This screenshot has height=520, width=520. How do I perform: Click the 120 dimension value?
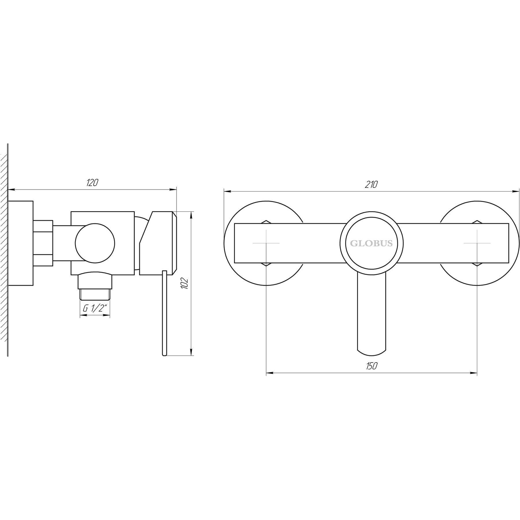tap(92, 183)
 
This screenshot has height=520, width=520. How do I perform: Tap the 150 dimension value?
tap(372, 366)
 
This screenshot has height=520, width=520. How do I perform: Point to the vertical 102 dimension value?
tap(185, 284)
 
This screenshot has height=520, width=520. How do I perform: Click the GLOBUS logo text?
tap(371, 244)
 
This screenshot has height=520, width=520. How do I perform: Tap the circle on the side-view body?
tap(95, 243)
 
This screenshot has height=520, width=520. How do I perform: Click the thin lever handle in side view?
tap(164, 312)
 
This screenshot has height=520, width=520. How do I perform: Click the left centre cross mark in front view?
tap(266, 243)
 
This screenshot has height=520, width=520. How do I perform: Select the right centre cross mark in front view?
tap(477, 243)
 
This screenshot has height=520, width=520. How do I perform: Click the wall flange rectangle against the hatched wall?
tap(21, 243)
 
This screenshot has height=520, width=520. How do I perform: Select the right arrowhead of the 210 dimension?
tap(516, 191)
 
